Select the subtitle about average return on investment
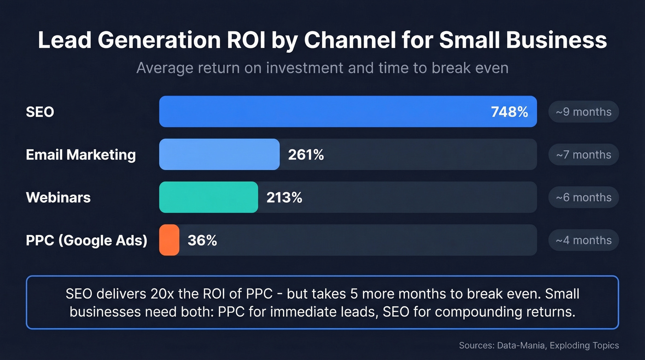point(322,68)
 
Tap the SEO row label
point(40,112)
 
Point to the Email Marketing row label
point(81,155)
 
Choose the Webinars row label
point(58,198)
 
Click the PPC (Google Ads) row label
point(87,241)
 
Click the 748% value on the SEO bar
point(509,112)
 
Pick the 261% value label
point(306,155)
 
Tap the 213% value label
point(284,198)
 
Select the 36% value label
point(202,241)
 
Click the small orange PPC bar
point(169,240)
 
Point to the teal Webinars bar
point(208,197)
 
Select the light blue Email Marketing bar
point(219,154)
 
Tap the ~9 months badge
point(583,112)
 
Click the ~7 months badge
point(583,155)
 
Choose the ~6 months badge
point(583,198)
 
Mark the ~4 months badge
point(583,241)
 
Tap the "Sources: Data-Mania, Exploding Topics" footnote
point(539,345)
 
